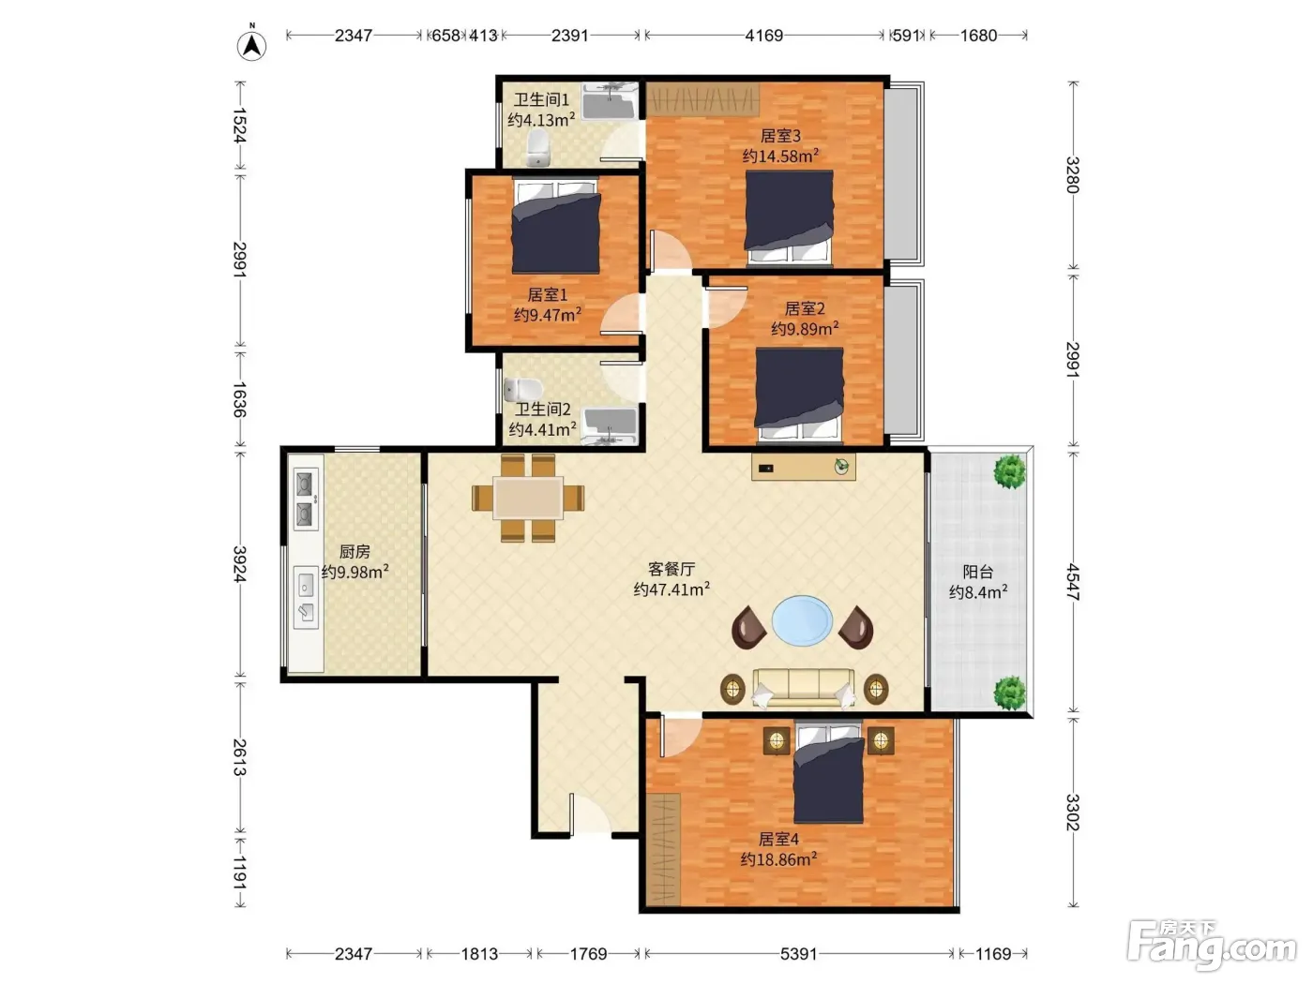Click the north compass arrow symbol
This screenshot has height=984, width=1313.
(x=252, y=44)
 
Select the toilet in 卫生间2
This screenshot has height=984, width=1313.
(x=522, y=390)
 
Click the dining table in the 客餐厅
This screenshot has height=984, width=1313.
(x=528, y=498)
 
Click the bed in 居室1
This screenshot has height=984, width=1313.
(x=556, y=226)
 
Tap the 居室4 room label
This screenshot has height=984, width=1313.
(x=778, y=840)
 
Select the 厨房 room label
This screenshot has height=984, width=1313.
(x=355, y=551)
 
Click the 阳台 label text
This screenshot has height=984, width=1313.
(x=978, y=572)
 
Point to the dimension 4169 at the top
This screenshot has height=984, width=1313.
(x=763, y=36)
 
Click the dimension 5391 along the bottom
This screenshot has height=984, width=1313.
(x=798, y=953)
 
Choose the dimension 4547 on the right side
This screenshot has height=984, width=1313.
(x=1073, y=582)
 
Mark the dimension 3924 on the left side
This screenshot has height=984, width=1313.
(x=239, y=563)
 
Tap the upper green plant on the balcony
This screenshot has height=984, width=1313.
(x=1010, y=471)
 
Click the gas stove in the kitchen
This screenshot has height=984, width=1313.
(x=306, y=499)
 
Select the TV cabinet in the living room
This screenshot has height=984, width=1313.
(x=804, y=467)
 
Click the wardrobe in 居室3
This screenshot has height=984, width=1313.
(x=702, y=99)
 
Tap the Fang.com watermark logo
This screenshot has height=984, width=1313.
(x=1211, y=946)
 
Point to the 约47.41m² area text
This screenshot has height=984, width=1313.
(x=672, y=589)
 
